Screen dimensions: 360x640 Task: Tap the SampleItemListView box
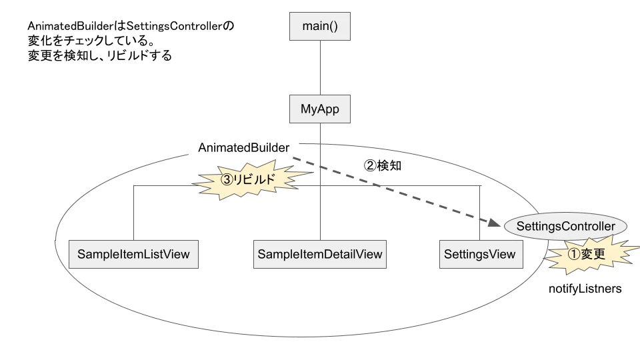tap(133, 254)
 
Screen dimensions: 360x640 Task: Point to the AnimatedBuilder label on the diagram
tap(244, 148)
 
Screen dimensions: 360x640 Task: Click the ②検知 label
tap(382, 166)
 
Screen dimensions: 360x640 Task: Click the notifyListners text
tap(585, 289)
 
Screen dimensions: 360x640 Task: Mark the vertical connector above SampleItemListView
tap(134, 213)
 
